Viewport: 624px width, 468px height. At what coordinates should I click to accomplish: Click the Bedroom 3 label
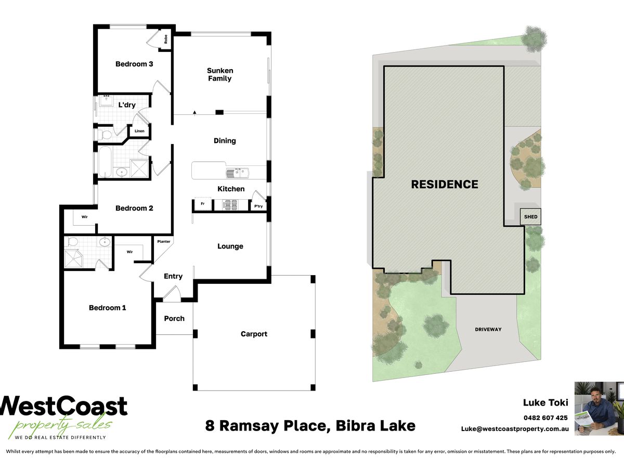tap(134, 64)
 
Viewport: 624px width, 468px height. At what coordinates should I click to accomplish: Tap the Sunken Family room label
tap(220, 74)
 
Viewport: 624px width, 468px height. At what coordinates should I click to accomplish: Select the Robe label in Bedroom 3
tap(166, 39)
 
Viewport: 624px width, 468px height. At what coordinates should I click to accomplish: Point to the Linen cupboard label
tap(139, 131)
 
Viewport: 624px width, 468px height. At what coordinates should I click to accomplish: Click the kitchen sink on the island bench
tap(237, 173)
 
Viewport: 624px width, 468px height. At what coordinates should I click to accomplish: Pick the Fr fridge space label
tap(203, 204)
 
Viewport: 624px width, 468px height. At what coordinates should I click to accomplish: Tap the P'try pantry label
tap(258, 206)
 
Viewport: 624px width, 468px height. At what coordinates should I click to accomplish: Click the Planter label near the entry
tap(164, 241)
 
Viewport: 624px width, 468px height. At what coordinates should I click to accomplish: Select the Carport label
tap(254, 334)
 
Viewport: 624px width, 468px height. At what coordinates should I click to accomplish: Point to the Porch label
tap(174, 319)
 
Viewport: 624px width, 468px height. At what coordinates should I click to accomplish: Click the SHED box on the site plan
tap(530, 216)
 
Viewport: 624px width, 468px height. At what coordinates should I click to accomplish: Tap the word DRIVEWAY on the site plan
tap(488, 329)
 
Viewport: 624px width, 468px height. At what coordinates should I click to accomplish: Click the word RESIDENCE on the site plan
tap(445, 185)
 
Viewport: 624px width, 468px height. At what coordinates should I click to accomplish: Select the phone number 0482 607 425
tap(545, 418)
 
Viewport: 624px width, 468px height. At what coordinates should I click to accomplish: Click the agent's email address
tap(515, 429)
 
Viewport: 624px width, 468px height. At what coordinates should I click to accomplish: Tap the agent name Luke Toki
tap(545, 402)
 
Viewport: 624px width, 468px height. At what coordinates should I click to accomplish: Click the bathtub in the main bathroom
tap(105, 162)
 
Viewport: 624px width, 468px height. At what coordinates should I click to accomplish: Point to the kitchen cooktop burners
tap(230, 205)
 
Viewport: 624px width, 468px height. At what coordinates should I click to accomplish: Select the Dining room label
tap(225, 140)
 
